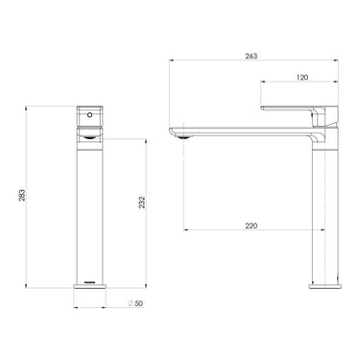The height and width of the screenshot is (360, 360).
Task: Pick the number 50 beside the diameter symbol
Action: point(139,304)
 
